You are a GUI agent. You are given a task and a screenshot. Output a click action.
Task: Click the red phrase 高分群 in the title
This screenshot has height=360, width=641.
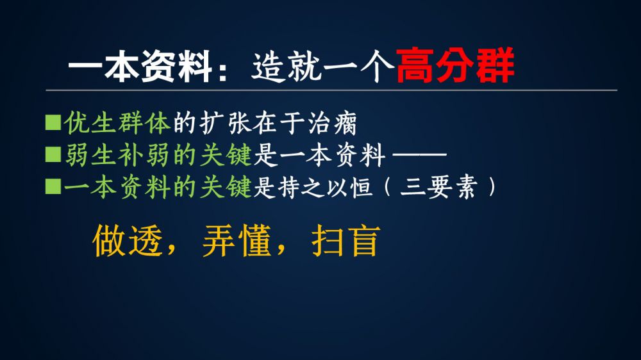pyautogui.click(x=455, y=66)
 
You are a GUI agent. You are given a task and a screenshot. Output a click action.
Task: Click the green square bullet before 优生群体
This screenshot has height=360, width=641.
pyautogui.click(x=53, y=122)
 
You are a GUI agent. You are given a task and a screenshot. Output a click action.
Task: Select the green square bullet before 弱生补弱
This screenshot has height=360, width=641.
pyautogui.click(x=53, y=155)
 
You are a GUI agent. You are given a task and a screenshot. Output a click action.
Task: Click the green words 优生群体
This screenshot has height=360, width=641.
pyautogui.click(x=117, y=122)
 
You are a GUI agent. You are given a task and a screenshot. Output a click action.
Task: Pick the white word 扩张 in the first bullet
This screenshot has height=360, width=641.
pyautogui.click(x=226, y=122)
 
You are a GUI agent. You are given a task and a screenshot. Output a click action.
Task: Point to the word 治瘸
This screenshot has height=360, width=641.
pyautogui.click(x=332, y=122)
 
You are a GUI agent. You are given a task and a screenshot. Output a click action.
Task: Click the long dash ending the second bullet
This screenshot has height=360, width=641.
pyautogui.click(x=419, y=155)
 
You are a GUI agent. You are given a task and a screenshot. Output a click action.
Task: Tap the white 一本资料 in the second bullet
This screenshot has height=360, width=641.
pyautogui.click(x=332, y=155)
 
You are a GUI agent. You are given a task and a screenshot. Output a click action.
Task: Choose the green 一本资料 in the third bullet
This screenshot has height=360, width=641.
pyautogui.click(x=117, y=187)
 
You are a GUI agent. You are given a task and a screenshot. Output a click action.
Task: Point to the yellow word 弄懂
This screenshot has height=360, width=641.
pyautogui.click(x=237, y=241)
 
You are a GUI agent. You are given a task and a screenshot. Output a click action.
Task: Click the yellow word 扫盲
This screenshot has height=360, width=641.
pyautogui.click(x=346, y=241)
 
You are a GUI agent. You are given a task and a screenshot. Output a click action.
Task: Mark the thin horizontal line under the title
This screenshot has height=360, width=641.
pyautogui.click(x=331, y=90)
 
